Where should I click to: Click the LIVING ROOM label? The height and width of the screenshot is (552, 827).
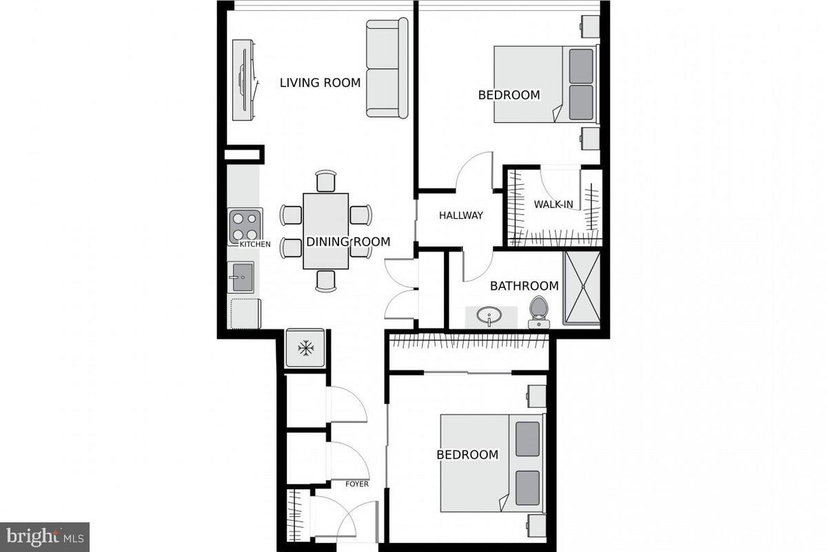320,83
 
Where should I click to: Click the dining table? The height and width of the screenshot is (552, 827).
325,230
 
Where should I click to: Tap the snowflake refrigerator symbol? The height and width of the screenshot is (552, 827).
305,348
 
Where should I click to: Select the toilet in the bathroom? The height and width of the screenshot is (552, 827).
538,311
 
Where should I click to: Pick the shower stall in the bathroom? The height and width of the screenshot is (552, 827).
582,288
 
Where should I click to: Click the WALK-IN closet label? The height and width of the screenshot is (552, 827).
553,204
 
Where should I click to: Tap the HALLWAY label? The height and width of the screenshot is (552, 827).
461,215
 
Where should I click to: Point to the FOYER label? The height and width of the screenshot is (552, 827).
357,484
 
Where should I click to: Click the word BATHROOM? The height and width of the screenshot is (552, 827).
524,286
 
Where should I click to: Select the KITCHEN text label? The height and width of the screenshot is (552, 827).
254,244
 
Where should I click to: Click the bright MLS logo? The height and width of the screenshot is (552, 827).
44,535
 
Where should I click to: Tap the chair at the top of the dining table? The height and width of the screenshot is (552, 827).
325,181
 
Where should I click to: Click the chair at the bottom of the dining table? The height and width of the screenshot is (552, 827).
325,280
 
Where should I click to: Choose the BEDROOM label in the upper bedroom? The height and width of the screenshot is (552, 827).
509,95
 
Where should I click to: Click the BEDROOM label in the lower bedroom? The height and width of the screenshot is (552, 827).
467,455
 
